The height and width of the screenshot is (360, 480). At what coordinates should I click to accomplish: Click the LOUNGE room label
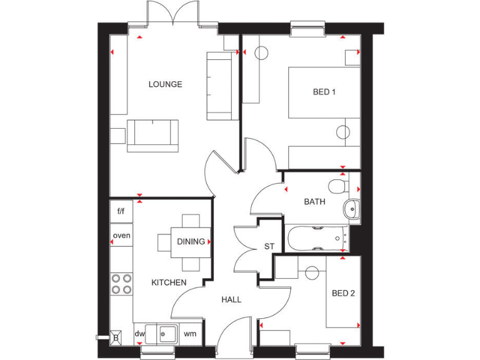(x=165, y=84)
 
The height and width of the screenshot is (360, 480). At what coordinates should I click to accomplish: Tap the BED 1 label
(x=324, y=92)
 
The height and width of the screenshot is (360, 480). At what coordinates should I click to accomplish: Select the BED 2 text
(x=343, y=293)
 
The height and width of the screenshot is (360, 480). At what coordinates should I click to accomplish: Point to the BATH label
(x=314, y=202)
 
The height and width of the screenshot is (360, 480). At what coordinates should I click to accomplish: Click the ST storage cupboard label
(x=269, y=247)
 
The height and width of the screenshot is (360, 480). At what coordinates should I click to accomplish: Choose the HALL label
(x=231, y=300)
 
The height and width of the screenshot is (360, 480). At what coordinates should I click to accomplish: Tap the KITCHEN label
(x=169, y=282)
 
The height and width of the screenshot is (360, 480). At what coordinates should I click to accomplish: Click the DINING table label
(x=191, y=242)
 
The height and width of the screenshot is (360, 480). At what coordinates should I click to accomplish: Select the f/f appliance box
(x=121, y=211)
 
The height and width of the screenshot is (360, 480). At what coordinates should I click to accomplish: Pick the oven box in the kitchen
(x=121, y=236)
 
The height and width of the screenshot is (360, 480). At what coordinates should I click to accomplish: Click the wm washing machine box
(x=190, y=334)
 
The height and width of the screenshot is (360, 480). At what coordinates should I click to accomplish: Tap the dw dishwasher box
(x=139, y=334)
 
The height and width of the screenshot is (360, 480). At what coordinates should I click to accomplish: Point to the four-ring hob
(x=121, y=284)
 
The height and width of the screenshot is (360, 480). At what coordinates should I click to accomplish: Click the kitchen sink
(x=166, y=332)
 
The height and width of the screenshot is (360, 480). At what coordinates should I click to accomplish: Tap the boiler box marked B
(x=115, y=336)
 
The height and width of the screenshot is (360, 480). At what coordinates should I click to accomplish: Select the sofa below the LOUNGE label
(x=153, y=135)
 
